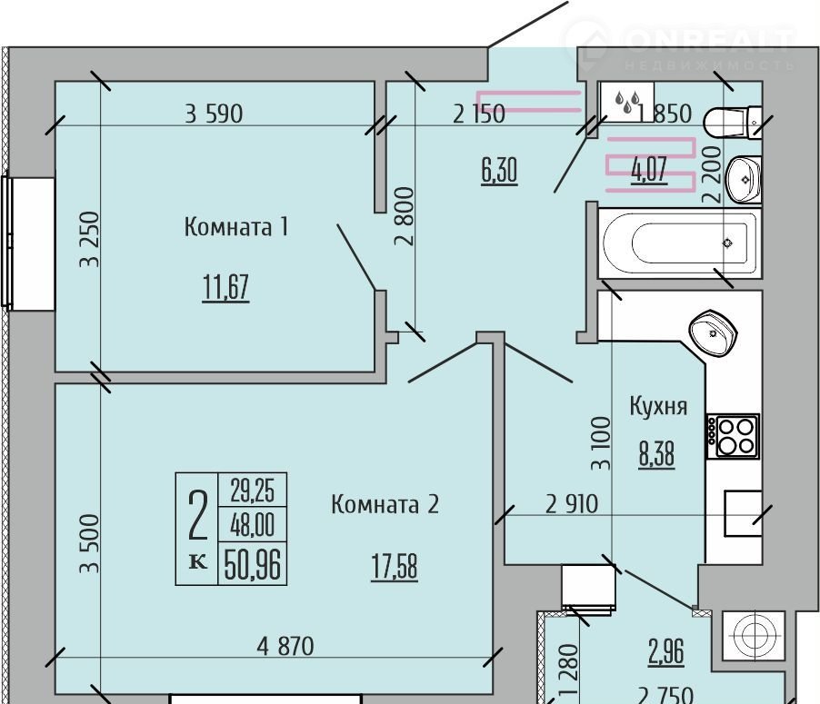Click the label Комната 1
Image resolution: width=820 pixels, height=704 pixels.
[235, 227]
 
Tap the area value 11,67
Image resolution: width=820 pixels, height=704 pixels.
[225, 287]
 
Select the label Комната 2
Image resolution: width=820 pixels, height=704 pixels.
[385, 504]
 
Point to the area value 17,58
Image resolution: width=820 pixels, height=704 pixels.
[395, 567]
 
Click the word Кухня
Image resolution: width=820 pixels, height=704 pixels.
[658, 406]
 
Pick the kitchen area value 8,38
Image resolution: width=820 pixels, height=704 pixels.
[656, 453]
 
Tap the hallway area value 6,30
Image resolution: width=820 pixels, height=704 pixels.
[499, 171]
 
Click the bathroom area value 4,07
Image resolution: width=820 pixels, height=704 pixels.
[649, 169]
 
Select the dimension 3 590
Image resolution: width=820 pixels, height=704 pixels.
[214, 114]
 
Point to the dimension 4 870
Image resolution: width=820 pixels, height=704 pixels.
[285, 646]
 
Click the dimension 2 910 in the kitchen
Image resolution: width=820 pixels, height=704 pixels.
[572, 504]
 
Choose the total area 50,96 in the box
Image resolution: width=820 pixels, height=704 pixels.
[253, 564]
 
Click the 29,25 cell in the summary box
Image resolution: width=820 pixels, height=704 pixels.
[253, 490]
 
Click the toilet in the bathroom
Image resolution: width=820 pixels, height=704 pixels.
[732, 123]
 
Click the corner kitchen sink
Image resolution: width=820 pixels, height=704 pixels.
[713, 332]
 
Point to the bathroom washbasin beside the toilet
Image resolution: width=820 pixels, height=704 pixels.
[745, 179]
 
